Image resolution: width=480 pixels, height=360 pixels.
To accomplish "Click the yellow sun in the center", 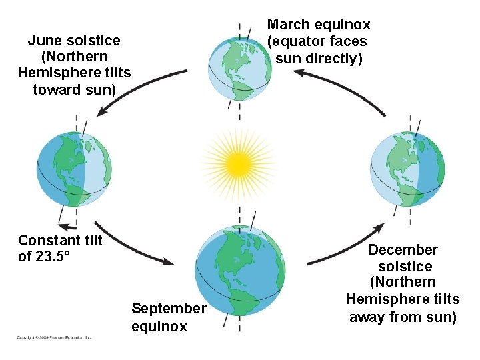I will coord(238,162).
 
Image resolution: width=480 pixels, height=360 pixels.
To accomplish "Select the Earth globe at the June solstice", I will coord(75,170).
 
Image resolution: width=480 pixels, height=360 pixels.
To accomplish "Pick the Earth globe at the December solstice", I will coord(407,171).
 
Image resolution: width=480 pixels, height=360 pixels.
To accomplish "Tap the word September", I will coord(169,309).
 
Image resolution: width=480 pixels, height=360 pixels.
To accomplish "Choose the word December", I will coord(403,250).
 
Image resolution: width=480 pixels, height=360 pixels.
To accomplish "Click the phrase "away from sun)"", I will coord(403,317).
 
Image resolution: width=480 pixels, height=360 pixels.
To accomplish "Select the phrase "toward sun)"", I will coord(74,89).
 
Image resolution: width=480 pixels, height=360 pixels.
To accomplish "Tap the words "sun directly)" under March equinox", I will coord(319,59).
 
